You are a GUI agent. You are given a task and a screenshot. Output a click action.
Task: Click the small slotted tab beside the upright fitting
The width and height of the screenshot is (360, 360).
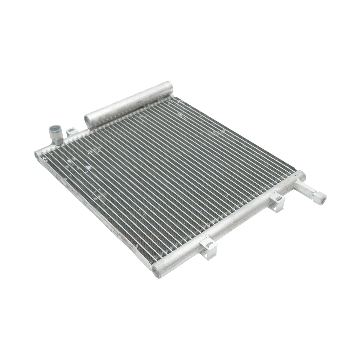[71, 131]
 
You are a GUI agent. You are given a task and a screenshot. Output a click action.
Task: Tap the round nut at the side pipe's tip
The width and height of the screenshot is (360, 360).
[322, 198]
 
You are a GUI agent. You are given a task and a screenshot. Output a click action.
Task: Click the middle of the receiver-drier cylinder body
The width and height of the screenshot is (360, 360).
[129, 104]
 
